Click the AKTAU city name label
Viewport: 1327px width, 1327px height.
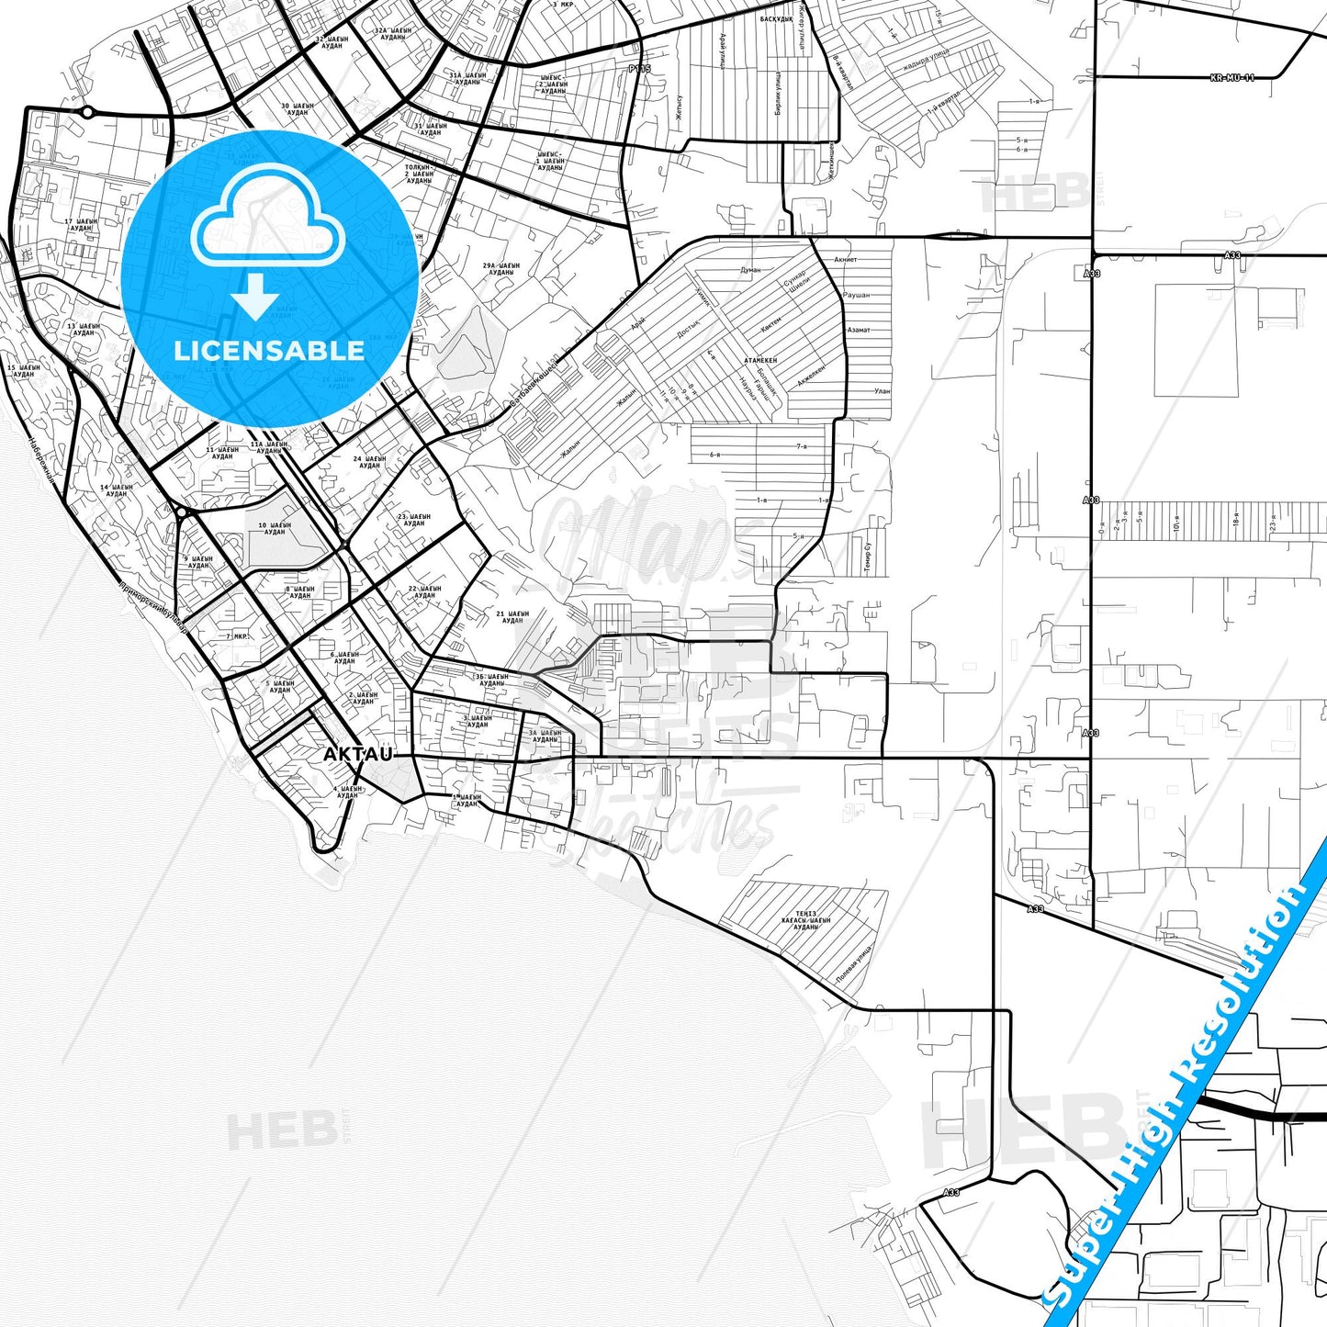pos(357,754)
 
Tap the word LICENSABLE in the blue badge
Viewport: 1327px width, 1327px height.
pos(269,351)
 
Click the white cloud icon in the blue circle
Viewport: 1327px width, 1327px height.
pos(266,220)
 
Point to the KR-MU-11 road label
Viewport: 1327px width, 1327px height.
pos(1232,78)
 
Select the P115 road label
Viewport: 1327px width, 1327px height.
pos(639,69)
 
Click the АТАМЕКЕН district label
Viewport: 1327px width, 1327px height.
pos(760,361)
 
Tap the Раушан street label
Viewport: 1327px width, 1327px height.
pos(856,296)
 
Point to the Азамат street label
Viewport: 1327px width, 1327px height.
pos(859,330)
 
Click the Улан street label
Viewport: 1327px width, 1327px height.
pos(882,391)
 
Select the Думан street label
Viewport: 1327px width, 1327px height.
pos(750,270)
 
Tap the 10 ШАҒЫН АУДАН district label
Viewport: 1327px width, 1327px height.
pos(275,528)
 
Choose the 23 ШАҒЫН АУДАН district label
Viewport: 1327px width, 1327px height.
pos(414,520)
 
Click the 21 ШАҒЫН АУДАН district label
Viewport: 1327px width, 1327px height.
pos(512,617)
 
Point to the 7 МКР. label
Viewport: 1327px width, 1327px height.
pos(237,635)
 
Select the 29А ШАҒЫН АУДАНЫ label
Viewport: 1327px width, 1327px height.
pos(501,269)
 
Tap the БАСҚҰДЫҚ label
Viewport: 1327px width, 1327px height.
pos(777,18)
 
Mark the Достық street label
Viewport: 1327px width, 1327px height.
pos(688,329)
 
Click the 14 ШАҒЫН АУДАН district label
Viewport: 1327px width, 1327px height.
pos(117,490)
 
